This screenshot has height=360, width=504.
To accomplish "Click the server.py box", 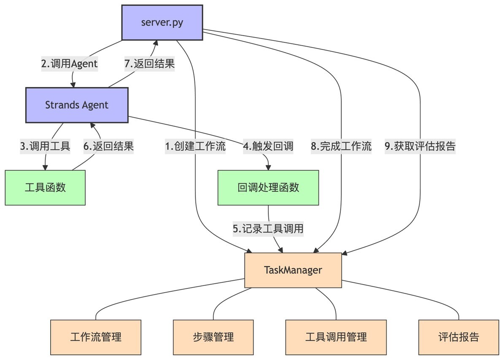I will (162, 22).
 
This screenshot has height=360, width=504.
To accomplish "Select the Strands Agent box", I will (77, 105).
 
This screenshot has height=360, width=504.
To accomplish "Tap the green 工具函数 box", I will (45, 188).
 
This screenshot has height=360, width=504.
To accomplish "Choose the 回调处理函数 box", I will (268, 188).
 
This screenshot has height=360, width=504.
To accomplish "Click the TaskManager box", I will (293, 270).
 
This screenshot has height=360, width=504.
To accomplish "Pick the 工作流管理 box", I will (96, 337).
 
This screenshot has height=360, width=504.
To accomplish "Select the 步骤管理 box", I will (213, 337).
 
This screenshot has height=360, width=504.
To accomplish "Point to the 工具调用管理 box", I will (336, 337).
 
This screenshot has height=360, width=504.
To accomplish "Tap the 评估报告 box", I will (458, 337).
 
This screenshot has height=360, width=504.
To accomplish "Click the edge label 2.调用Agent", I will (69, 64).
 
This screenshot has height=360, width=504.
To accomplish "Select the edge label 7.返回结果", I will (149, 64).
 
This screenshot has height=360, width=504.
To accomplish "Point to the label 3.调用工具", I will (45, 146).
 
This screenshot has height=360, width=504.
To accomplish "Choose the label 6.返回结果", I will (108, 146).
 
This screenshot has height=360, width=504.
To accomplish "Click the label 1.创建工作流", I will (195, 146).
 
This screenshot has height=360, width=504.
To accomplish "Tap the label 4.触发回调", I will (268, 146).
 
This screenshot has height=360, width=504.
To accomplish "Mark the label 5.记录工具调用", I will (268, 229).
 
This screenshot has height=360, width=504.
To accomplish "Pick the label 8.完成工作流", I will (341, 146).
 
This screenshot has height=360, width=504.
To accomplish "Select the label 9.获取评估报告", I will (420, 146).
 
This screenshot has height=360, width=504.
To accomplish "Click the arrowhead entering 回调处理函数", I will (268, 168).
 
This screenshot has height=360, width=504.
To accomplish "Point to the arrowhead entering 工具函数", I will (45, 168).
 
